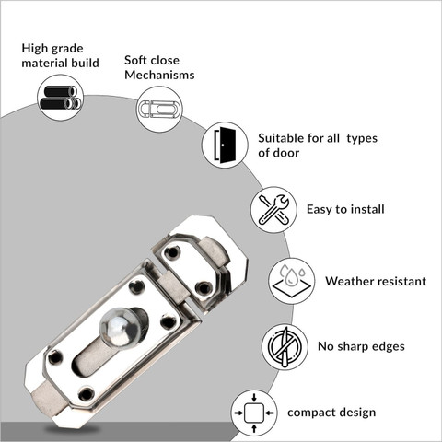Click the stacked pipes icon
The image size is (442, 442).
pyautogui.click(x=61, y=98)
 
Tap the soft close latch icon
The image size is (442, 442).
pyautogui.click(x=159, y=109)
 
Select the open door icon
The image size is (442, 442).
pyautogui.click(x=225, y=145)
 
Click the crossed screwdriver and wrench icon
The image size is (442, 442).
pyautogui.click(x=273, y=210)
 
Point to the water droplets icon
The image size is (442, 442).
pyautogui.click(x=292, y=281)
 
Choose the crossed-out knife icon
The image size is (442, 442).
pyautogui.click(x=285, y=346)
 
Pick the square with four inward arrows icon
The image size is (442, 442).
pyautogui.click(x=254, y=413)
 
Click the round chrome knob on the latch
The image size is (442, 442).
pyautogui.click(x=121, y=330)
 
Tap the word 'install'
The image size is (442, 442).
pyautogui.click(x=367, y=209)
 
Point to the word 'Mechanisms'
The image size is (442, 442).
pyautogui.click(x=159, y=75)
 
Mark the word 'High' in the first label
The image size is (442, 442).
pyautogui.click(x=34, y=49)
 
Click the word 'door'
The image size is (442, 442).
pyautogui.click(x=286, y=153)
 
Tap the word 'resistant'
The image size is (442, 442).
pyautogui.click(x=401, y=281)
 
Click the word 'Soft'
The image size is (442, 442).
pyautogui.click(x=136, y=60)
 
